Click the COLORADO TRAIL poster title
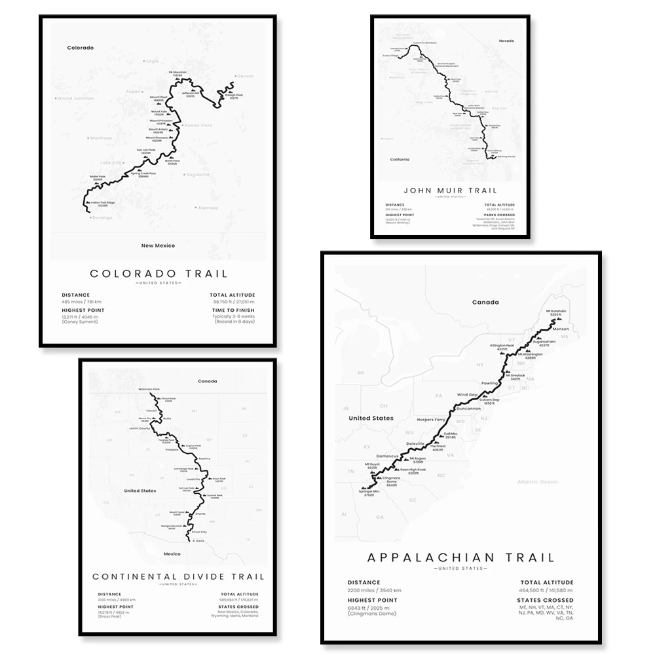[159, 273]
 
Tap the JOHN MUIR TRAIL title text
[450, 191]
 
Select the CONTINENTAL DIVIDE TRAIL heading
[178, 576]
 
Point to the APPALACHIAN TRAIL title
[460, 558]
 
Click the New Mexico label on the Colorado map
[158, 245]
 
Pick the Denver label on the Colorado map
[245, 76]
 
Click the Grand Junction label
[76, 98]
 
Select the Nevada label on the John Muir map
[506, 41]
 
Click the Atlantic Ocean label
[536, 481]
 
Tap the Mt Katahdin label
[558, 312]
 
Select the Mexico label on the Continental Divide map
[171, 553]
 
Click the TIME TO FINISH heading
[233, 310]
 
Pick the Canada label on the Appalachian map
[485, 302]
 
